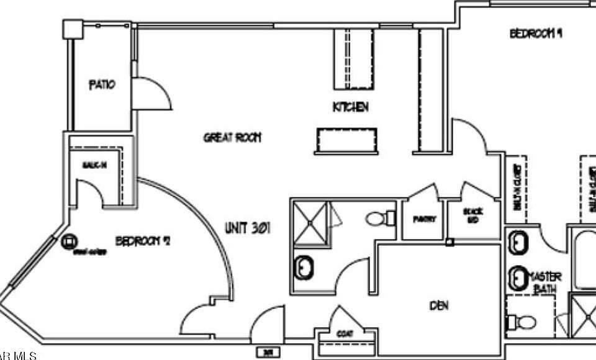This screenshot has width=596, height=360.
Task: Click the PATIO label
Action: (102, 84)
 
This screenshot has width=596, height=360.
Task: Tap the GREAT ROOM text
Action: (232, 137)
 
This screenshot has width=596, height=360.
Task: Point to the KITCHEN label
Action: (351, 107)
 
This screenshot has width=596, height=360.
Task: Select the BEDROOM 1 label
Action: (536, 33)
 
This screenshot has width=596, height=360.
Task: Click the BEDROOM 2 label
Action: (143, 240)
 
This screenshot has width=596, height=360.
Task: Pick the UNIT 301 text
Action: (248, 228)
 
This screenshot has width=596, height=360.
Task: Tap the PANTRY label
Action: (424, 219)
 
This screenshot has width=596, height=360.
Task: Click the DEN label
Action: (438, 305)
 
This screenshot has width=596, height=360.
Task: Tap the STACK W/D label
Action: (473, 215)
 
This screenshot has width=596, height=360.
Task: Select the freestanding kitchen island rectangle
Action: (346, 140)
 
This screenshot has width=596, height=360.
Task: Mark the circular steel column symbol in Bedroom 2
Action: (68, 241)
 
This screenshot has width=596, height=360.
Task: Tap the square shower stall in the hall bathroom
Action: (309, 222)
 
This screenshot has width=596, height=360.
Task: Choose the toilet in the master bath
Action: (521, 322)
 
